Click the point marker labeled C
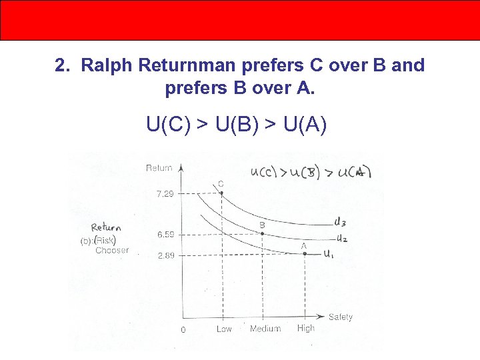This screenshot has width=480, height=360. [221, 193]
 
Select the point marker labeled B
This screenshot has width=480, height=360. [262, 234]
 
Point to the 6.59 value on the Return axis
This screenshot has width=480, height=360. [165, 235]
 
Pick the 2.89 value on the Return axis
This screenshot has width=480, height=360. [165, 255]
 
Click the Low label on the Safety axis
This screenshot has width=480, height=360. [224, 329]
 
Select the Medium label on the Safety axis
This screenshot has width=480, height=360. [265, 329]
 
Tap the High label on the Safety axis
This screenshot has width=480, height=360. [306, 329]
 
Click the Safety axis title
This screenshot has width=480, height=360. [340, 317]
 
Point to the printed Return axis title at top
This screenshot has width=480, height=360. [159, 168]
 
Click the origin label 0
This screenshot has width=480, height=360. [183, 330]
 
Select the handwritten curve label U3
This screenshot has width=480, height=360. [340, 222]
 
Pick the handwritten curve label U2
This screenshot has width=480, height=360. [341, 238]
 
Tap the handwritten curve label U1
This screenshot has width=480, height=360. [329, 254]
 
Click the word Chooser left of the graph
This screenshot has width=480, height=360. [112, 251]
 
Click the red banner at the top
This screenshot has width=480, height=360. [240, 20]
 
